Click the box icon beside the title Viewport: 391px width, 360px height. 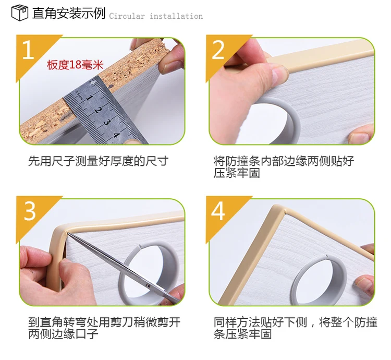20,13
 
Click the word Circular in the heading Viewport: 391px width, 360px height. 127,17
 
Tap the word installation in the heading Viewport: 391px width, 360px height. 176,17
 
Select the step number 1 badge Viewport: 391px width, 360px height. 28,50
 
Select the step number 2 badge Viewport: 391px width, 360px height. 218,50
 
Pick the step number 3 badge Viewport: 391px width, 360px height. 30,211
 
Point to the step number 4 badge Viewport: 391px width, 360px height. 218,211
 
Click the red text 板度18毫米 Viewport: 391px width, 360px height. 75,65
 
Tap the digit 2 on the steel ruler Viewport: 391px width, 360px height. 98,110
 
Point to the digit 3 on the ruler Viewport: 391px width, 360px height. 107,122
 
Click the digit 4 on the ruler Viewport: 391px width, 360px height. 116,136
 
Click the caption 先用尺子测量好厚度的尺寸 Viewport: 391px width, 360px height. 98,161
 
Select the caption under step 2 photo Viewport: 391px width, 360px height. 284,167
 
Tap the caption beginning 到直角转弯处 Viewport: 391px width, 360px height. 104,328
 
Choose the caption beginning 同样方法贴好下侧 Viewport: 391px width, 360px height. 296,328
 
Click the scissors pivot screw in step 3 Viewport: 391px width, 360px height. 148,286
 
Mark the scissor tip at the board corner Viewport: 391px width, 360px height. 68,233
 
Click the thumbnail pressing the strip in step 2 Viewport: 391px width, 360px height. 280,73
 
